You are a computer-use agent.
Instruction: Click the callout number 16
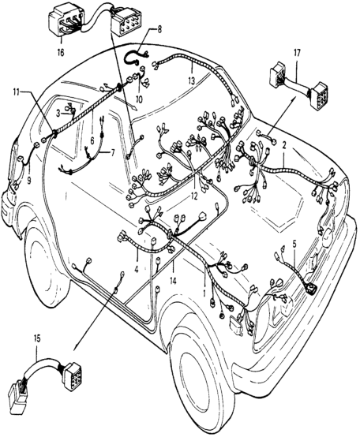click(x=61, y=52)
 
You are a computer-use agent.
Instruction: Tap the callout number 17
click(x=297, y=53)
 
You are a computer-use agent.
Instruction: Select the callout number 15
click(x=37, y=339)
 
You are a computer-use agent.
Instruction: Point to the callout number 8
click(x=159, y=30)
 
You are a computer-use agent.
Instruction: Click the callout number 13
click(x=191, y=81)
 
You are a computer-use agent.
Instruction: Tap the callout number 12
click(x=194, y=196)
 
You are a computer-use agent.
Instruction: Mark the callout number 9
click(x=29, y=181)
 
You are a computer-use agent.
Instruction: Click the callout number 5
click(x=294, y=244)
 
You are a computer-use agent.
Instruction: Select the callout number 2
click(x=284, y=145)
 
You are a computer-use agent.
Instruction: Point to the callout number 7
click(x=113, y=152)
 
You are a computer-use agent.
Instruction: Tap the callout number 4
click(x=137, y=270)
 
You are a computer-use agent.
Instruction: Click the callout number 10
click(x=139, y=99)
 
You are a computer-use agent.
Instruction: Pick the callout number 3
click(x=58, y=114)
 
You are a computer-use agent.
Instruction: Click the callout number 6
click(x=92, y=140)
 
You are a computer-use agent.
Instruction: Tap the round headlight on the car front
click(x=327, y=236)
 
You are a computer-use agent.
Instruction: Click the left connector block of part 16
click(x=66, y=22)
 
